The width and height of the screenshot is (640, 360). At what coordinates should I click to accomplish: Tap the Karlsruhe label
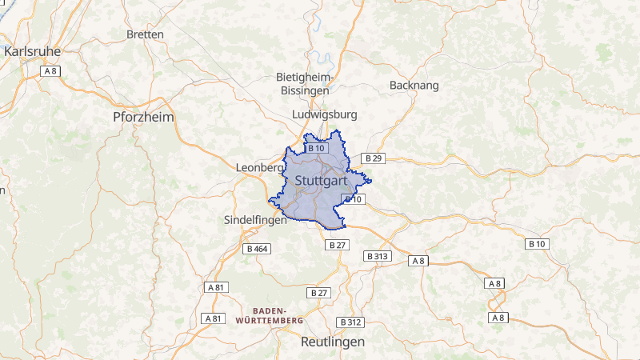tap(32, 50)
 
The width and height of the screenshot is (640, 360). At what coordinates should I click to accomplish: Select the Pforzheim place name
tap(143, 117)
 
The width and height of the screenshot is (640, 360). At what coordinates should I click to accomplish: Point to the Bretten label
tap(145, 34)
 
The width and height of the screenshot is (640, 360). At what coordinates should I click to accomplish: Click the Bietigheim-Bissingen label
tap(303, 84)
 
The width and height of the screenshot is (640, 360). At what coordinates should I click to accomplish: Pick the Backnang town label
tap(414, 85)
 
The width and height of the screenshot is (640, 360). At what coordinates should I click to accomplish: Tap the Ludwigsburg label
tap(325, 114)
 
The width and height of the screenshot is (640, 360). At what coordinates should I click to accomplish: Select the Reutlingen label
tap(332, 342)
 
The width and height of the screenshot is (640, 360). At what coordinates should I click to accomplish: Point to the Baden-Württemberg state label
tap(270, 315)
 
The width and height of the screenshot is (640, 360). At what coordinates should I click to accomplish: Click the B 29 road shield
tap(374, 158)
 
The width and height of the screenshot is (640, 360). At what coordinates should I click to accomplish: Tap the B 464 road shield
tap(258, 249)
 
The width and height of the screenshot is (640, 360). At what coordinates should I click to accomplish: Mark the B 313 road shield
tap(377, 256)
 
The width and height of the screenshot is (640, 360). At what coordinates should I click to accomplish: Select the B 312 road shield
tap(350, 322)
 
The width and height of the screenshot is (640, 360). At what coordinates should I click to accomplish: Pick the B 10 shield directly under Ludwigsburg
tap(316, 148)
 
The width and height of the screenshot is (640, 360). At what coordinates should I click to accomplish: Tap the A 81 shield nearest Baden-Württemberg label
tap(213, 318)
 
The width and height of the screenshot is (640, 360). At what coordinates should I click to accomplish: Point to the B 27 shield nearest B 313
tap(338, 245)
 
